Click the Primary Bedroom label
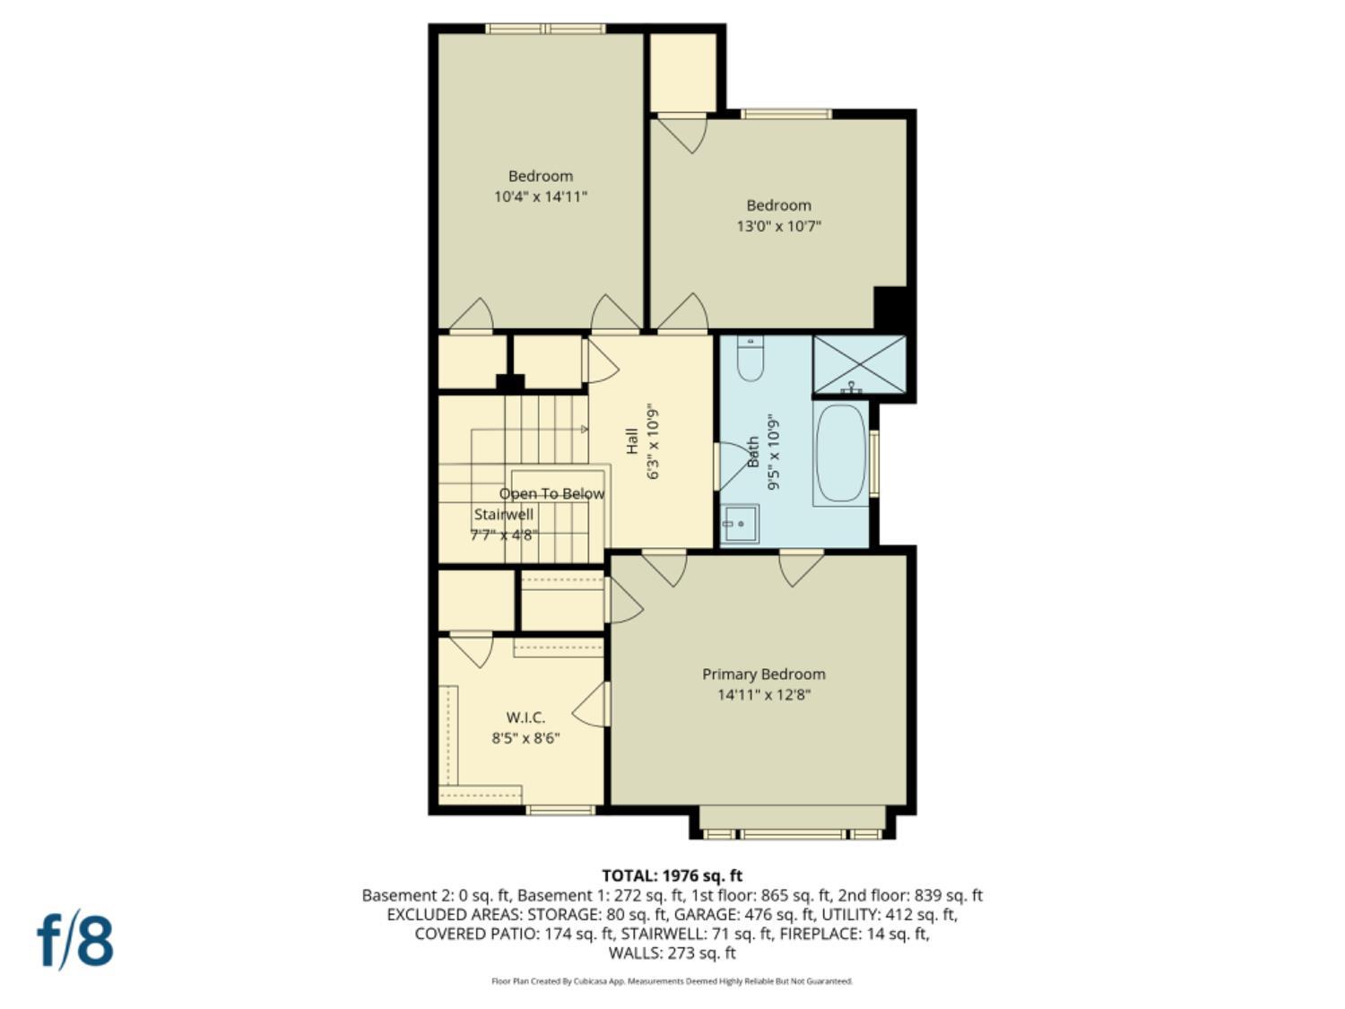763,674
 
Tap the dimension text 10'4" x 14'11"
540,196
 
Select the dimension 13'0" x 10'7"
778,226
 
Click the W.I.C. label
525,718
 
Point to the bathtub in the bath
841,454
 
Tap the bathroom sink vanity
741,524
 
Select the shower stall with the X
859,364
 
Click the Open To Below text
551,494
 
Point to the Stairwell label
503,515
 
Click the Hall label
632,440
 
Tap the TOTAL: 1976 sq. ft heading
672,875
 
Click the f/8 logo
75,940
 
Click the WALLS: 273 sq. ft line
672,952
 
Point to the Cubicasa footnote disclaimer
672,981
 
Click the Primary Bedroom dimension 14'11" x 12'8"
763,695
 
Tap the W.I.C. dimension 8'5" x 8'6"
525,738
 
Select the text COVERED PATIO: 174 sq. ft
514,934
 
